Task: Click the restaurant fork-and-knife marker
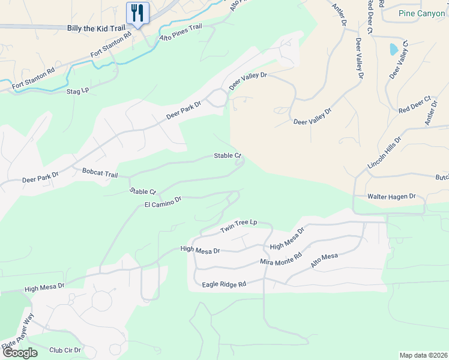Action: (137, 12)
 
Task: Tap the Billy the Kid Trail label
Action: (96, 28)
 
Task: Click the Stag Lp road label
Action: (77, 91)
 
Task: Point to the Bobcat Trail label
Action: (100, 173)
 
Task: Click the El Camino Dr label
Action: (163, 202)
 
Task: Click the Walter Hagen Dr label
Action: (391, 196)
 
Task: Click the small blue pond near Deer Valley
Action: (393, 49)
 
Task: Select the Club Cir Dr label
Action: (65, 350)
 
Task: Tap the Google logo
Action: (20, 352)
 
